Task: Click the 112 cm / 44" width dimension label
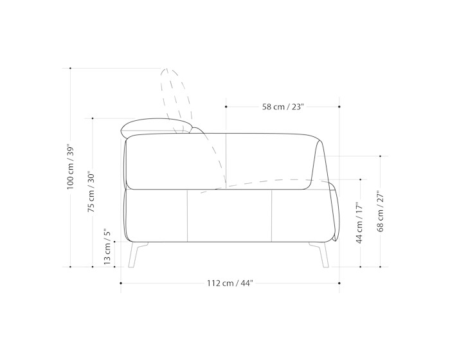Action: point(230,283)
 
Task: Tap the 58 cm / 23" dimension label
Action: point(283,107)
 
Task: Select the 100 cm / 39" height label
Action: point(71,166)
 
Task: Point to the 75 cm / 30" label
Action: point(91,192)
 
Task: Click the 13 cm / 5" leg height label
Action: point(107,247)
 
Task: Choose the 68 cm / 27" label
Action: point(381,211)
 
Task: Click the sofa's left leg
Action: point(136,255)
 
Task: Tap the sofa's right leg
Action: point(319,255)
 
